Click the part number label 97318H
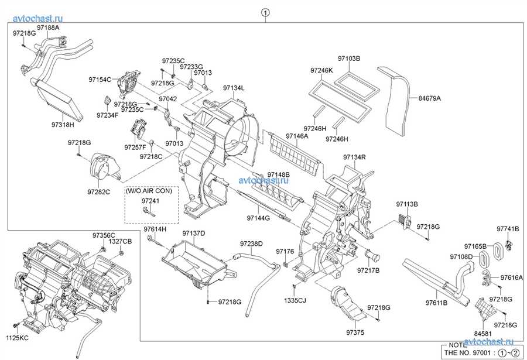click(x=63, y=125)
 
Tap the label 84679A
click(x=430, y=98)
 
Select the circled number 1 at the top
click(x=265, y=13)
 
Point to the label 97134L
click(x=234, y=88)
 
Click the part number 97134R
click(x=355, y=157)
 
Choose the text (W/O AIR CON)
click(x=149, y=191)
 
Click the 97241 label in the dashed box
click(x=150, y=201)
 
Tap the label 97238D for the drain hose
click(x=251, y=244)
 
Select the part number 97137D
click(x=194, y=234)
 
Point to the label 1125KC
click(x=17, y=338)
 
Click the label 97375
click(x=355, y=332)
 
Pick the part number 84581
click(x=482, y=334)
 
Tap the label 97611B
click(x=437, y=303)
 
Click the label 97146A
click(x=297, y=136)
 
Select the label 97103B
click(x=349, y=59)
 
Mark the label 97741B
click(x=508, y=229)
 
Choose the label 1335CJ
click(x=295, y=300)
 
